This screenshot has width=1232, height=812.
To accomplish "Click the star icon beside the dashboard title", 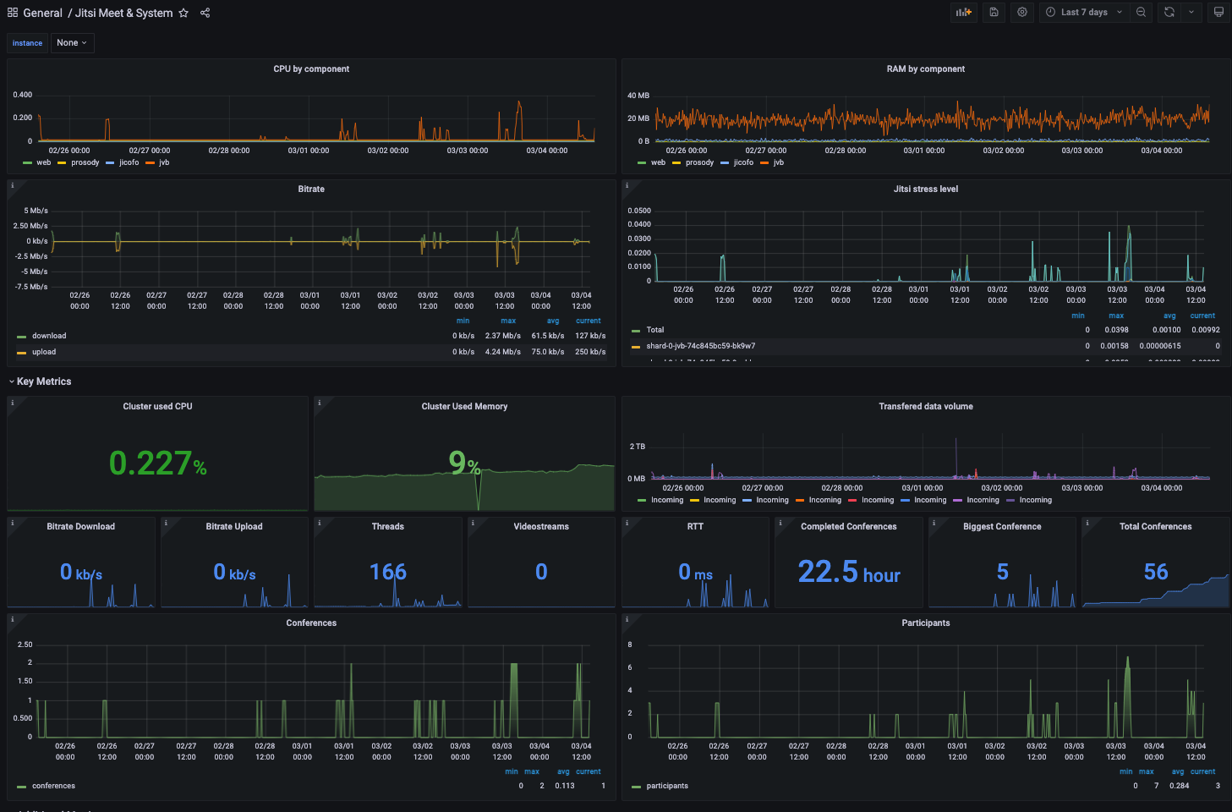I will tap(183, 13).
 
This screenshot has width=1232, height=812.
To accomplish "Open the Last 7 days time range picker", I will tap(1084, 13).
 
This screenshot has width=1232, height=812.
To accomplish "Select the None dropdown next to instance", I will tap(72, 43).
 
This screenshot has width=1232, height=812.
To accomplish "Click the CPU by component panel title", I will tap(311, 69).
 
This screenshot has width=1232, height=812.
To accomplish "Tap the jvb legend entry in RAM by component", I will tap(778, 162).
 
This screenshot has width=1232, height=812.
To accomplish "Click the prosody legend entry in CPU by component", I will tap(85, 162).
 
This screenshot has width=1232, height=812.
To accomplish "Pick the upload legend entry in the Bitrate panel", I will tap(44, 352).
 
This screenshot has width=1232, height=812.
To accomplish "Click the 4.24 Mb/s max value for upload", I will tap(502, 352).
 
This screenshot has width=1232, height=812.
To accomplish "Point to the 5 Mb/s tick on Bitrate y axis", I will tap(36, 211).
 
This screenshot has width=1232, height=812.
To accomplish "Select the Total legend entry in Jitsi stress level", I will tap(655, 330).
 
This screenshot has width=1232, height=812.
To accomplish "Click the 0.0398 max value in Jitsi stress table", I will tap(1116, 330).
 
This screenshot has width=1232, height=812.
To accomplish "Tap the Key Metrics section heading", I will tap(44, 381).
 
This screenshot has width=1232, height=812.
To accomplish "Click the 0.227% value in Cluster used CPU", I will tap(157, 464).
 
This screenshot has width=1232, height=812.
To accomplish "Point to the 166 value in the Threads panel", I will tap(388, 573).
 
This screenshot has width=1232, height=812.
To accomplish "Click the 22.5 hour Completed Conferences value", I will tap(849, 573).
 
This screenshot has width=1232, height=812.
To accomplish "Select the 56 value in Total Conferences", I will tap(1156, 573).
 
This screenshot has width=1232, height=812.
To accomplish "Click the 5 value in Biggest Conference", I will tap(1002, 573).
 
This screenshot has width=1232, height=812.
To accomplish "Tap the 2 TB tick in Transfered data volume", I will tap(638, 447).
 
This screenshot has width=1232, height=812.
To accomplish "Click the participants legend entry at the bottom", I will tap(667, 786).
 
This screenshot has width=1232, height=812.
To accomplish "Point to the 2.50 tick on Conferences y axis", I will tap(25, 645).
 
